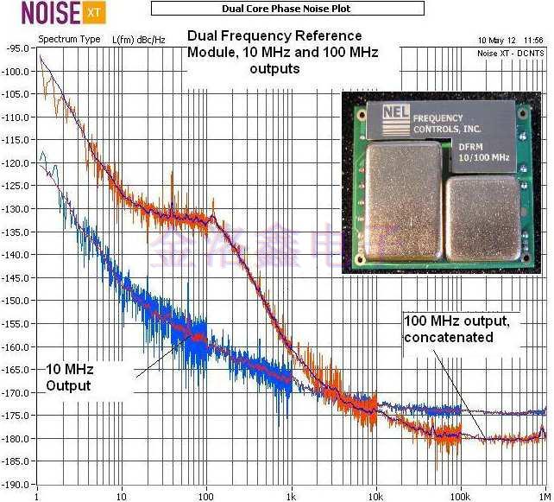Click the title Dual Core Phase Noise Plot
tap(288, 9)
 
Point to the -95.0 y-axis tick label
tap(18, 48)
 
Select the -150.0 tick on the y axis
tap(17, 301)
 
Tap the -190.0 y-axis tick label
tap(17, 485)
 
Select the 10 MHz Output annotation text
tap(68, 378)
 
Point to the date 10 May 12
tap(495, 40)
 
